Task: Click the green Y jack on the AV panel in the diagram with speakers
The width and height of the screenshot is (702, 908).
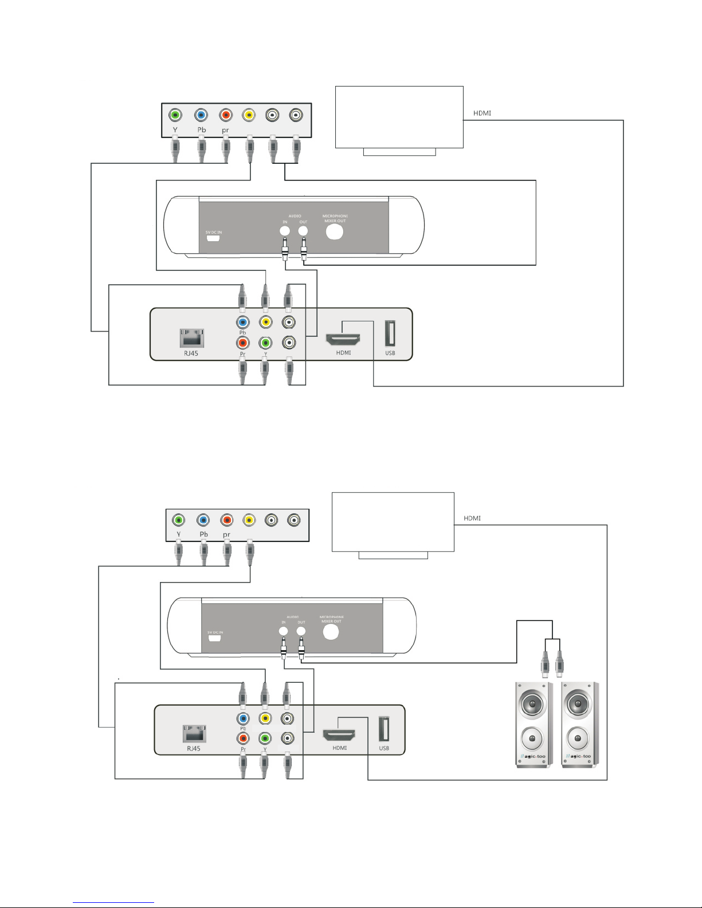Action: (x=179, y=520)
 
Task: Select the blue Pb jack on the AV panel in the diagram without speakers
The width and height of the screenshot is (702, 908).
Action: (x=200, y=115)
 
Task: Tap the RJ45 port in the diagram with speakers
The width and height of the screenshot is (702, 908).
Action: (x=194, y=733)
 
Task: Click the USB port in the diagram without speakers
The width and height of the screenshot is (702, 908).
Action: (x=390, y=334)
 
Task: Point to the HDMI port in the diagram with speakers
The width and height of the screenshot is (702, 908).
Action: (x=339, y=734)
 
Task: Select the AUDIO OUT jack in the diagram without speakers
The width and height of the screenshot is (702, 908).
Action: (x=303, y=231)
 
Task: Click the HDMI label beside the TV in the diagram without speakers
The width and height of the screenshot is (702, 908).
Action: (x=482, y=113)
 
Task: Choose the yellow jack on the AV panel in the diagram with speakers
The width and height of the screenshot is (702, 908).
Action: (x=249, y=520)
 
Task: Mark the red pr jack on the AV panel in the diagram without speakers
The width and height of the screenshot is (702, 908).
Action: (x=225, y=115)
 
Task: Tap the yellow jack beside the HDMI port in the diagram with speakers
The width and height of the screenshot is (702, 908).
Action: (x=265, y=718)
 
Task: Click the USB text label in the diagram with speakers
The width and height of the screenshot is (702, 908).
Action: (x=384, y=748)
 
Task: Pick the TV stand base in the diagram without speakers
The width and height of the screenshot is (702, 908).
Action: (x=399, y=152)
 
